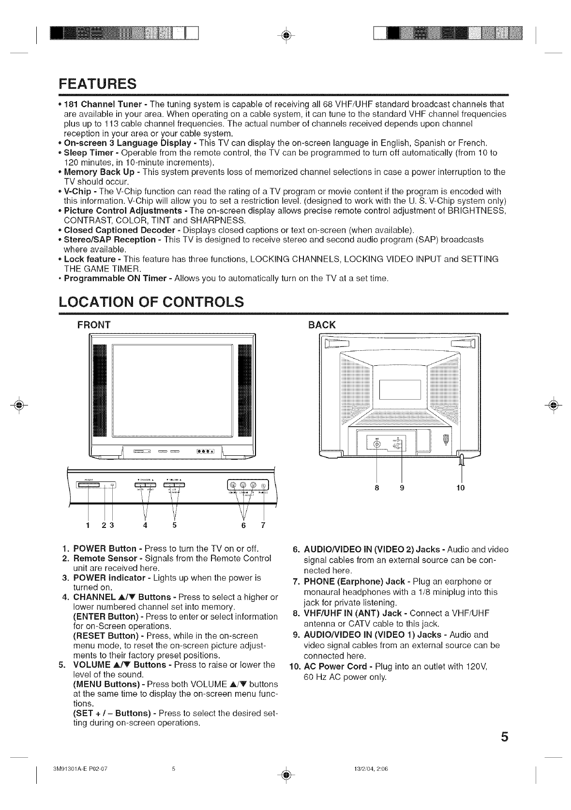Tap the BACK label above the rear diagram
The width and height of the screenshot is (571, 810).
click(x=322, y=325)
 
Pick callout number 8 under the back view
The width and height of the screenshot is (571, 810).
click(x=376, y=488)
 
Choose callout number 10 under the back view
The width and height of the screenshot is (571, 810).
click(x=461, y=488)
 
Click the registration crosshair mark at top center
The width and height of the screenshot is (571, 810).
click(x=285, y=35)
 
